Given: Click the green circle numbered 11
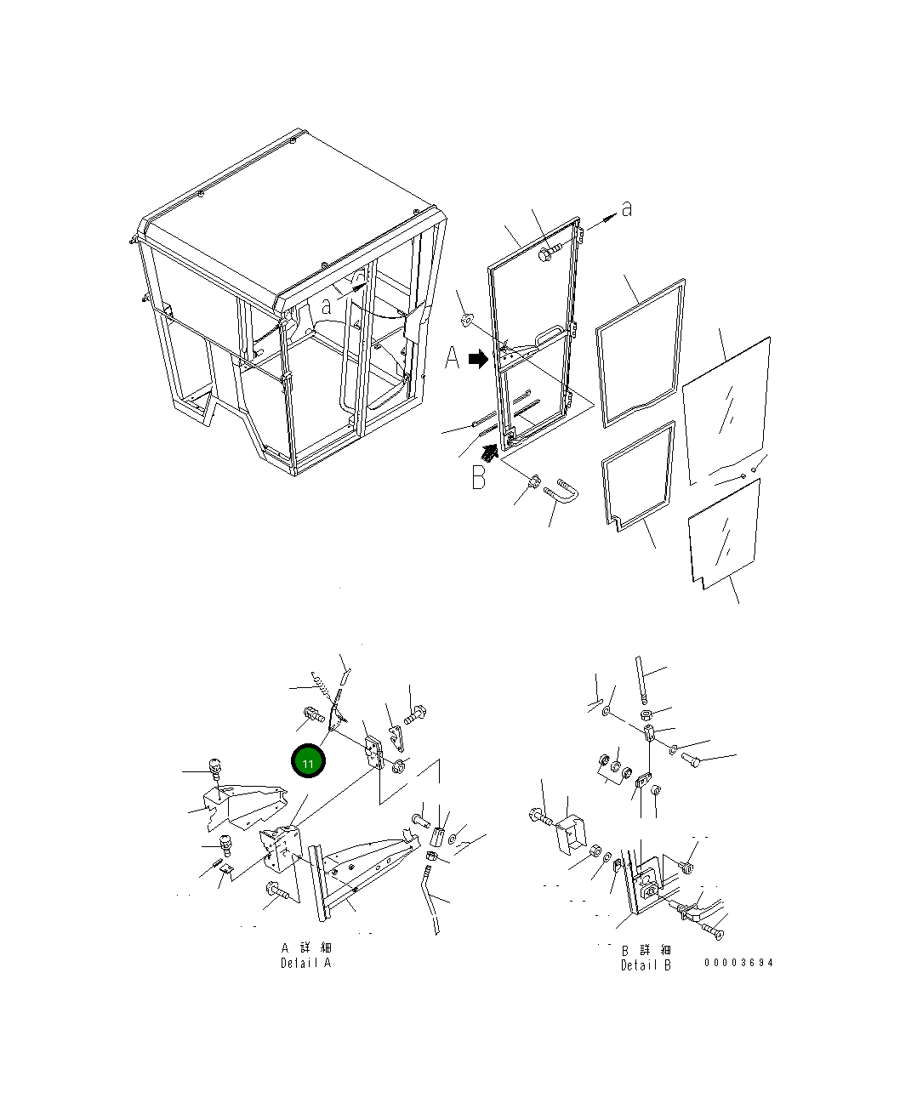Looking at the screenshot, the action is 308,760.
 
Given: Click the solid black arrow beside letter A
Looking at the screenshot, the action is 478,359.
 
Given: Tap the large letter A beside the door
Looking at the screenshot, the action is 452,358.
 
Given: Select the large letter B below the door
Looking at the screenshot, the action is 479,477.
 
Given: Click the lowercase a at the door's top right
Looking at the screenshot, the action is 627,208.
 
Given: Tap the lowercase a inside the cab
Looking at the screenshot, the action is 327,306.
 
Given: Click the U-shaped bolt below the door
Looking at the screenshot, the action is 561,491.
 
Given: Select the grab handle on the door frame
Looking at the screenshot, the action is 550,334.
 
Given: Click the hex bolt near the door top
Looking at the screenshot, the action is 549,253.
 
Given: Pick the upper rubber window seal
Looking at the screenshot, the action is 640,354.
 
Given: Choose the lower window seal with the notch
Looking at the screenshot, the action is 637,475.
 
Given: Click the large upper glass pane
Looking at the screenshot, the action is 726,412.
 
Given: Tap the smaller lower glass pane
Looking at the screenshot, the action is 725,534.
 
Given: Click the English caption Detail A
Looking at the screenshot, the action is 305,963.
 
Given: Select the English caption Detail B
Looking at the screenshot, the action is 646,964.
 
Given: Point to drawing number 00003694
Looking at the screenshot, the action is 738,962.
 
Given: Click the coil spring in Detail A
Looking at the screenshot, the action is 321,686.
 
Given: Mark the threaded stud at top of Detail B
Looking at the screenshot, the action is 641,679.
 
